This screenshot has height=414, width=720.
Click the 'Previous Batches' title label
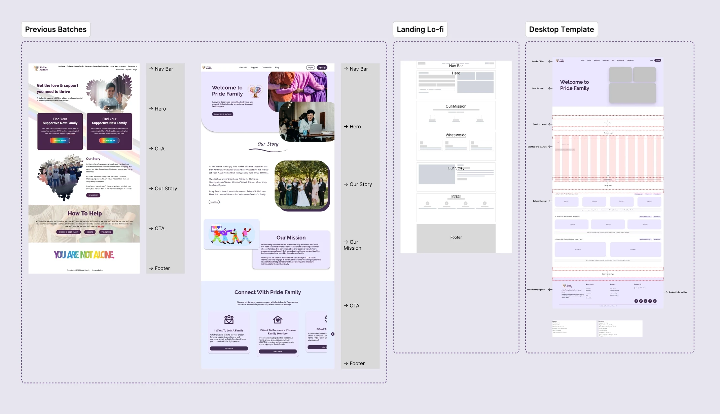click(x=56, y=30)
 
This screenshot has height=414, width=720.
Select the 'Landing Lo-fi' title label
click(x=420, y=30)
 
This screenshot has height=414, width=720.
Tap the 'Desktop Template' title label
click(x=561, y=30)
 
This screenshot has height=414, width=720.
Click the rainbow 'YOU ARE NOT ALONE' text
click(x=84, y=255)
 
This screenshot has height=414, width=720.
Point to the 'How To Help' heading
click(x=84, y=213)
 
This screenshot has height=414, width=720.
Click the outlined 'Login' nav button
click(x=311, y=68)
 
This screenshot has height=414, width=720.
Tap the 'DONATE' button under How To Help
click(x=90, y=232)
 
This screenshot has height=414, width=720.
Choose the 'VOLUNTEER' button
click(x=106, y=232)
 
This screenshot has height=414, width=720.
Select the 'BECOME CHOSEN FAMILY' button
click(x=68, y=232)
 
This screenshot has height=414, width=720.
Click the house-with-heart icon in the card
click(x=278, y=319)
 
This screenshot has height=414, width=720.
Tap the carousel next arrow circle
click(x=333, y=334)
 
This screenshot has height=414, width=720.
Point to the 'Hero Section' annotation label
click(x=538, y=88)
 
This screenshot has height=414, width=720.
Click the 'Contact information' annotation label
click(x=678, y=292)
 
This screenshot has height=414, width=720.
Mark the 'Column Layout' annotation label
click(x=540, y=201)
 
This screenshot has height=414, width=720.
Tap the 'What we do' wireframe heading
click(x=456, y=135)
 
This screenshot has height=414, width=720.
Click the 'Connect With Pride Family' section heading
click(x=267, y=292)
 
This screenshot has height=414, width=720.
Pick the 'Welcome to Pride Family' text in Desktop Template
click(x=574, y=85)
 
